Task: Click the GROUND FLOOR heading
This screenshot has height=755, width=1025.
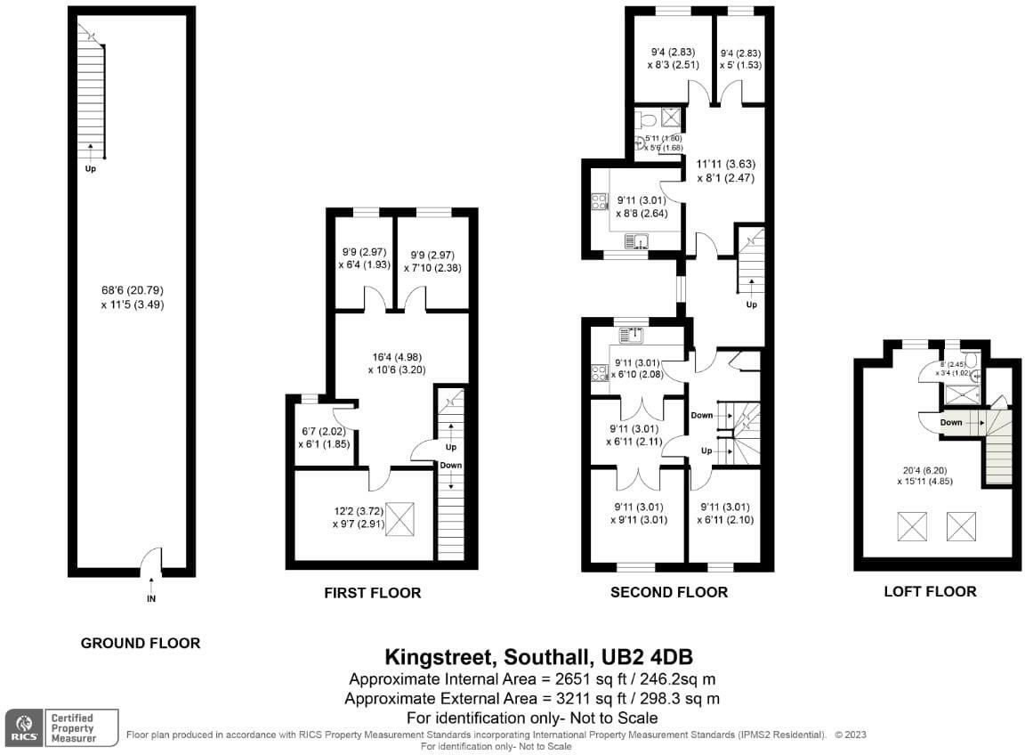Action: coord(141,643)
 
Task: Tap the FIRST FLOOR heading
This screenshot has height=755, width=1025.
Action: coord(372,593)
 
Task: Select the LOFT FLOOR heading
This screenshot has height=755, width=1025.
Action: coord(930,591)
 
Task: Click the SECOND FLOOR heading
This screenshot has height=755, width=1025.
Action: coord(669,592)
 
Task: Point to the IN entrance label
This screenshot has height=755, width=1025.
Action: coord(151,599)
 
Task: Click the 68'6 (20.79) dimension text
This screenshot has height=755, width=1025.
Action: coord(133,290)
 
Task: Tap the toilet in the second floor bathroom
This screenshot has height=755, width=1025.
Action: coord(647,119)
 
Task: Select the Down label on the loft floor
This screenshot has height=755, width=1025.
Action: coord(951,423)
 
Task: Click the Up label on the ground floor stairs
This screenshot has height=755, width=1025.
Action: coord(90,168)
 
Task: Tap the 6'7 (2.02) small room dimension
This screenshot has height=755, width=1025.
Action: coord(317,432)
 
